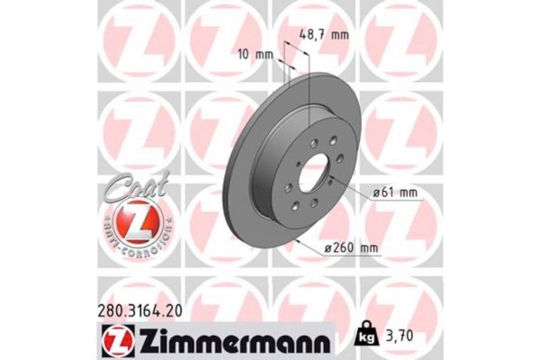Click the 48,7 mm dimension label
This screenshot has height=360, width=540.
click(323, 35)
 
